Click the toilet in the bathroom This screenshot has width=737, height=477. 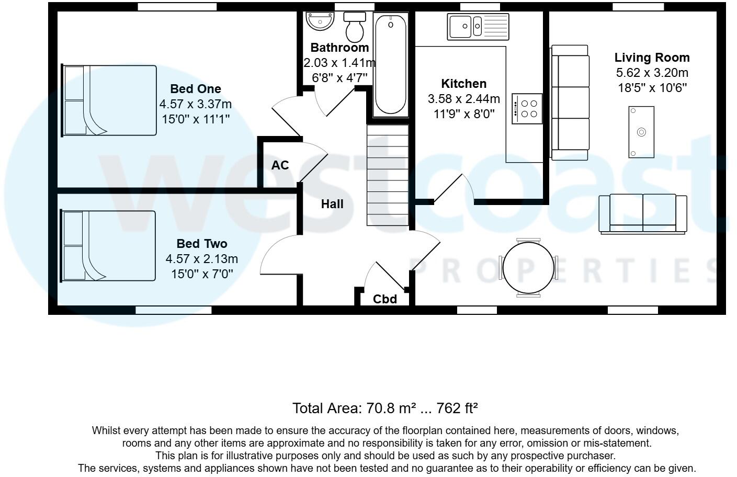point(355,27)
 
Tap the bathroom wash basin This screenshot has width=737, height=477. point(320,21)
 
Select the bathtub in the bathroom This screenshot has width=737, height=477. point(391,65)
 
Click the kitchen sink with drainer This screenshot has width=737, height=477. point(478,27)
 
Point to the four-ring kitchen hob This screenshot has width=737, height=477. point(527,109)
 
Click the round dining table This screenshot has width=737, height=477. point(528,268)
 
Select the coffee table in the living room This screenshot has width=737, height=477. point(641,132)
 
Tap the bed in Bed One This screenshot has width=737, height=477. point(109,100)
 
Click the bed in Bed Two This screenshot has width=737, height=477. point(108,246)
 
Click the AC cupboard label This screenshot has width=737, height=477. point(280,165)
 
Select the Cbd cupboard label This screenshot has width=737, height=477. point(385,299)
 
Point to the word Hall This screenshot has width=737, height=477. point(332,204)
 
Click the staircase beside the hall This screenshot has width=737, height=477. point(388,175)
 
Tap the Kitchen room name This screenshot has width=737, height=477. point(464,84)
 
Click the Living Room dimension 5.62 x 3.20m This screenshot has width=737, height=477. point(652,73)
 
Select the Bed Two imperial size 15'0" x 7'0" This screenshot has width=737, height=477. point(202,274)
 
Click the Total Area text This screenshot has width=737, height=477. point(385,408)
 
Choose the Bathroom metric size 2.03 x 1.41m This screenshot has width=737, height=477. point(339,63)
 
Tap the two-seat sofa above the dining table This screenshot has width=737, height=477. point(643,214)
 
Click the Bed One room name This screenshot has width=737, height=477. point(196,89)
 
